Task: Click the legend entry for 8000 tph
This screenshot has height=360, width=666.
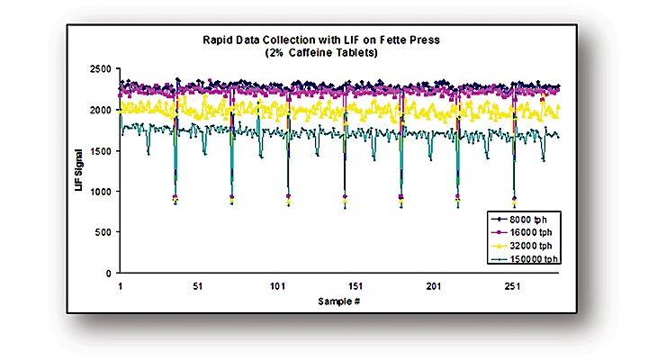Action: click(x=530, y=220)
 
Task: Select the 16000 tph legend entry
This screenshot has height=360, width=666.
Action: click(x=532, y=232)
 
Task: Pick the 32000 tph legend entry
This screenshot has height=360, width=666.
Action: click(x=532, y=245)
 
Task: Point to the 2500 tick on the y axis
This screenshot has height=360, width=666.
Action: click(x=100, y=69)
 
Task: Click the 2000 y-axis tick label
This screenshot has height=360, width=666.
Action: click(x=100, y=110)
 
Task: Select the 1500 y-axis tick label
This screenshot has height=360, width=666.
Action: click(x=100, y=150)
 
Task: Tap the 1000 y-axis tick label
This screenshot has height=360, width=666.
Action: click(x=100, y=192)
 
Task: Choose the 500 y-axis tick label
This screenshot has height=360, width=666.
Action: click(x=103, y=232)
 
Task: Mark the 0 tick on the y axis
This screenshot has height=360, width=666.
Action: click(x=108, y=273)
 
